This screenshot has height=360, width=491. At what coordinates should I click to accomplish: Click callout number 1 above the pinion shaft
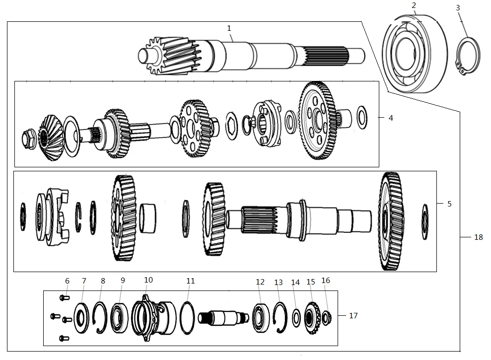[229, 28]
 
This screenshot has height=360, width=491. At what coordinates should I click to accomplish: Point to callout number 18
[478, 237]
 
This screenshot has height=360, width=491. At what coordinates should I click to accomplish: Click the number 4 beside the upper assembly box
[391, 118]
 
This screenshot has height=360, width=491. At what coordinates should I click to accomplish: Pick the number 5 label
[449, 204]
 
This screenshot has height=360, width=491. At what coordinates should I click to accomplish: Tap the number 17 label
[353, 315]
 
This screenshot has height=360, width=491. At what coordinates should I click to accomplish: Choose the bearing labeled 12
[261, 318]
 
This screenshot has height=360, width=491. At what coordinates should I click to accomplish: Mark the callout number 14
[295, 283]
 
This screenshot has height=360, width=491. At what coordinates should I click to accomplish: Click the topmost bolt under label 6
[65, 297]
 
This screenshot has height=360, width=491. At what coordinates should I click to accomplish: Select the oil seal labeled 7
[81, 318]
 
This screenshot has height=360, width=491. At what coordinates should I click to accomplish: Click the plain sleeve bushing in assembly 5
[147, 218]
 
